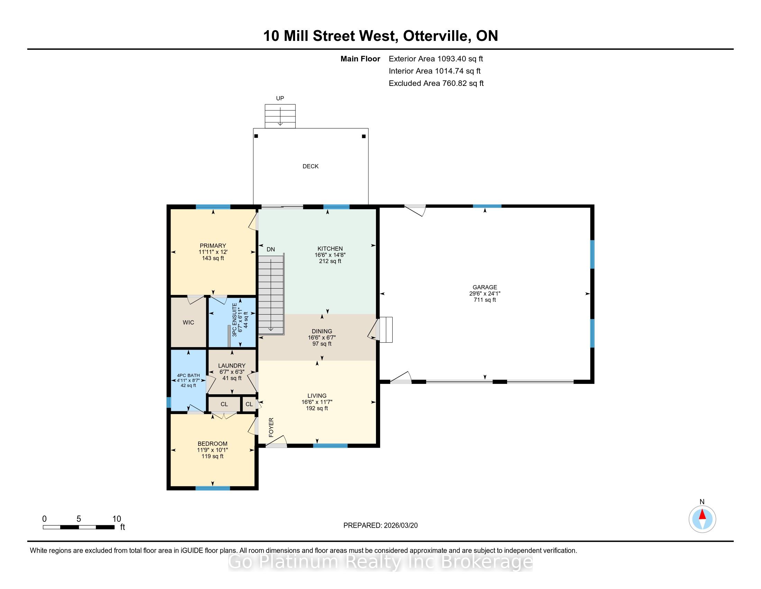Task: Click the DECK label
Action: (311, 166)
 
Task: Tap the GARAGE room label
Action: (485, 288)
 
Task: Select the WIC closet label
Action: (189, 323)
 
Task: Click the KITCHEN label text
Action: (330, 249)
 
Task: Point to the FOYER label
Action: (272, 427)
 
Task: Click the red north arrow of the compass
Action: (702, 515)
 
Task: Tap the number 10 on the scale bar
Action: (117, 519)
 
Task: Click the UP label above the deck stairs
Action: (280, 98)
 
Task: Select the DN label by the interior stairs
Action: (271, 249)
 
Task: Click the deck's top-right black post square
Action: (364, 137)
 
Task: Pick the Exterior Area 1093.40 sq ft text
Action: (436, 59)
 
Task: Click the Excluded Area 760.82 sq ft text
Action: (436, 83)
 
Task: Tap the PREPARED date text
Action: (380, 526)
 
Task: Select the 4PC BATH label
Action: (189, 376)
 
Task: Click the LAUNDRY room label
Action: (232, 366)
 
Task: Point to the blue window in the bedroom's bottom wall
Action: (213, 488)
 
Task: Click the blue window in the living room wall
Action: (330, 446)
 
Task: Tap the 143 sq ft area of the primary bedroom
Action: (213, 258)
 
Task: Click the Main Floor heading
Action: (360, 59)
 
